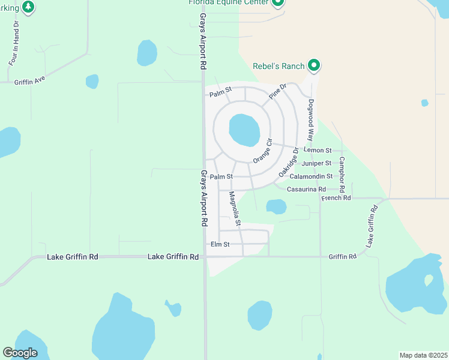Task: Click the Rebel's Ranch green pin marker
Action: [313, 65]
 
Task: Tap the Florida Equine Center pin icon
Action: [277, 2]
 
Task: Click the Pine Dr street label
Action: [278, 91]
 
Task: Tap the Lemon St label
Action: [318, 150]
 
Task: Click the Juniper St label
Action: [317, 163]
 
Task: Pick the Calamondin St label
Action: [311, 176]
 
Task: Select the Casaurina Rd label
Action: [306, 189]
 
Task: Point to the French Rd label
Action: [336, 198]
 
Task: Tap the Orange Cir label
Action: [263, 151]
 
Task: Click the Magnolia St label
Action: [234, 208]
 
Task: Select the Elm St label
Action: [220, 245]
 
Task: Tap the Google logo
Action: [20, 352]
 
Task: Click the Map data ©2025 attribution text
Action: [423, 355]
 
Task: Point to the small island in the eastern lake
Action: [429, 280]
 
